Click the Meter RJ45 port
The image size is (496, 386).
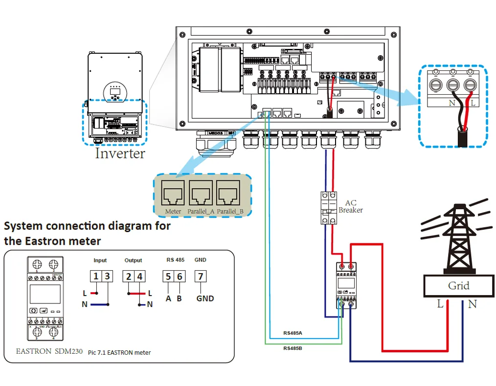point(173,195)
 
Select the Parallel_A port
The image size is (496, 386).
point(202,195)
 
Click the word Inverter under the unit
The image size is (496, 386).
point(120,153)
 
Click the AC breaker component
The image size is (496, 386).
point(328,208)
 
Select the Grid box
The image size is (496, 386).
point(458,285)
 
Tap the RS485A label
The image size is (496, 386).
point(293,333)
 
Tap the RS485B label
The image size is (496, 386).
point(293,349)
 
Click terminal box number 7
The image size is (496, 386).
point(201,277)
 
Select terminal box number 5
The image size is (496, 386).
point(168,277)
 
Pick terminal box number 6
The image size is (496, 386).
point(180,277)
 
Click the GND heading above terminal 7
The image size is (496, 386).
point(201,260)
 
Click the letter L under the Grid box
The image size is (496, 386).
point(440,304)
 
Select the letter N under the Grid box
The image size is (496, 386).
point(472,304)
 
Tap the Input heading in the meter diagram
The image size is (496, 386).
point(100,260)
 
